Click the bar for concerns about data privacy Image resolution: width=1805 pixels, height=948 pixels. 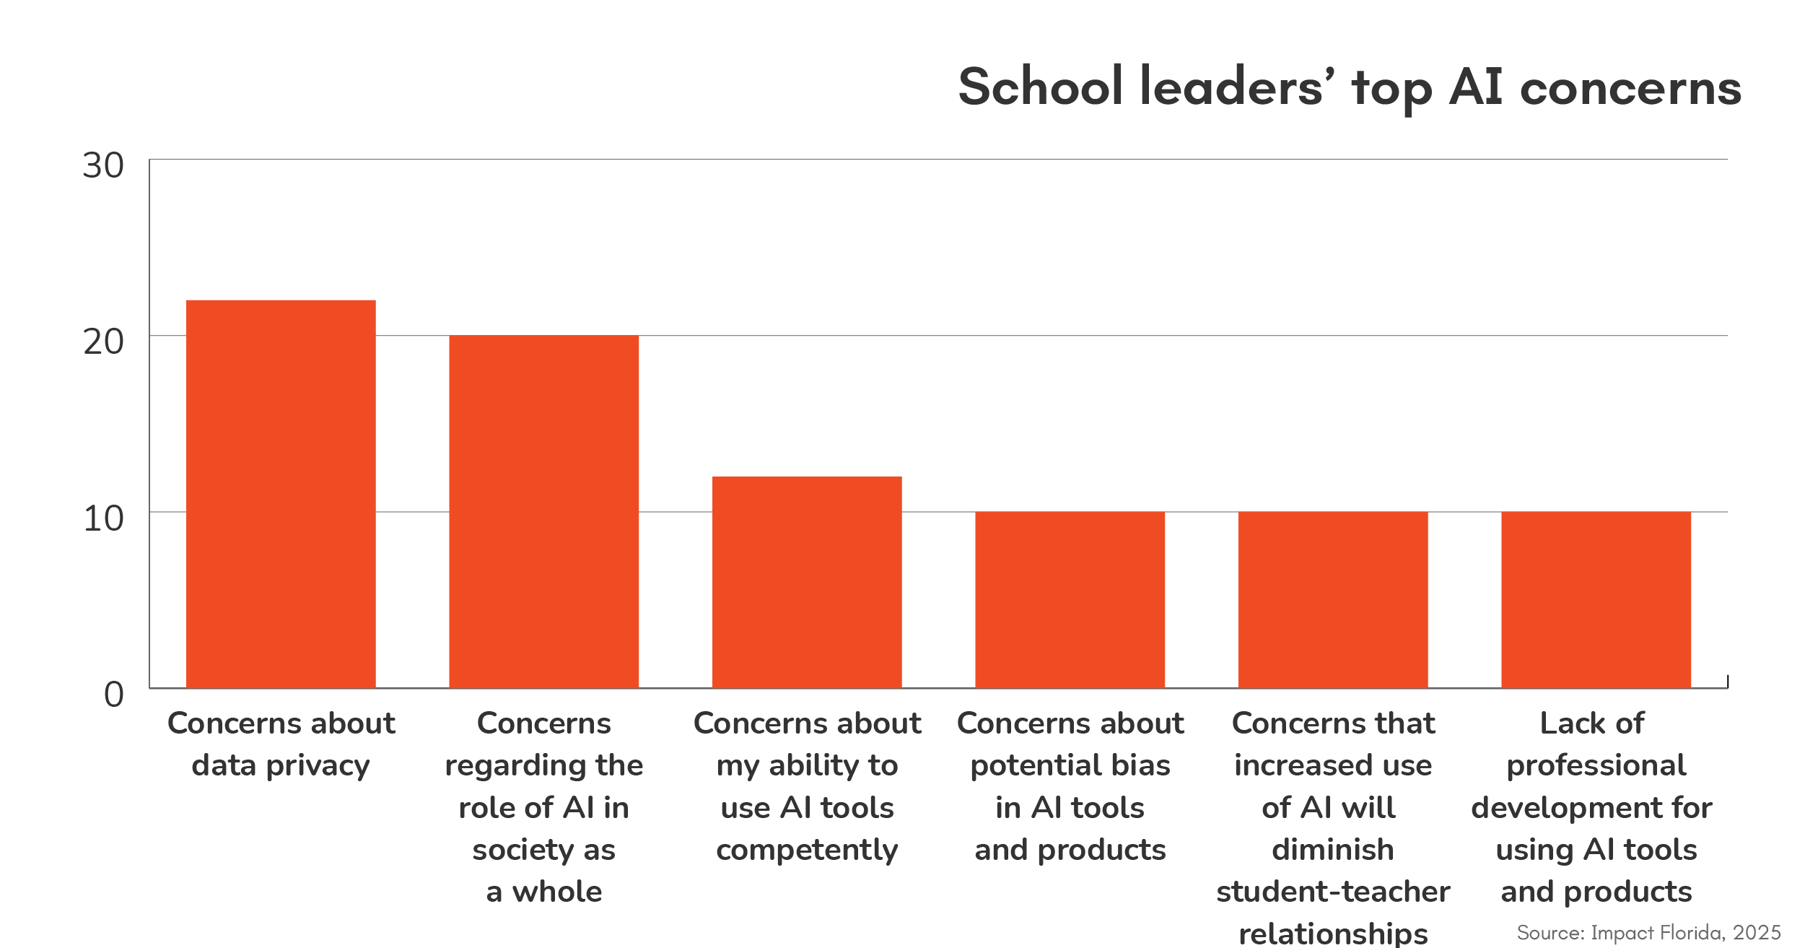pyautogui.click(x=281, y=494)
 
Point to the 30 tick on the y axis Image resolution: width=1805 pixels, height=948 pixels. pyautogui.click(x=103, y=166)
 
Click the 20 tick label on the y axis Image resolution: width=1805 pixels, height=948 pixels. pyautogui.click(x=103, y=342)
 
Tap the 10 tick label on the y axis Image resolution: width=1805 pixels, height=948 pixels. pyautogui.click(x=103, y=519)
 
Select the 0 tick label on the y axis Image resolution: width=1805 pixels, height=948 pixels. pyautogui.click(x=114, y=695)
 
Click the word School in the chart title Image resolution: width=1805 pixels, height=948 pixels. pyautogui.click(x=1040, y=87)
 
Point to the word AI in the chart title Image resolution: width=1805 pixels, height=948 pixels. pyautogui.click(x=1476, y=87)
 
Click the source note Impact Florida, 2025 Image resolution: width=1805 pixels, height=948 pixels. pyautogui.click(x=1648, y=932)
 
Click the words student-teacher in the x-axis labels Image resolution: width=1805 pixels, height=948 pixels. pyautogui.click(x=1333, y=892)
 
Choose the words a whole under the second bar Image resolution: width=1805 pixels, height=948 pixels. pyautogui.click(x=543, y=892)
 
